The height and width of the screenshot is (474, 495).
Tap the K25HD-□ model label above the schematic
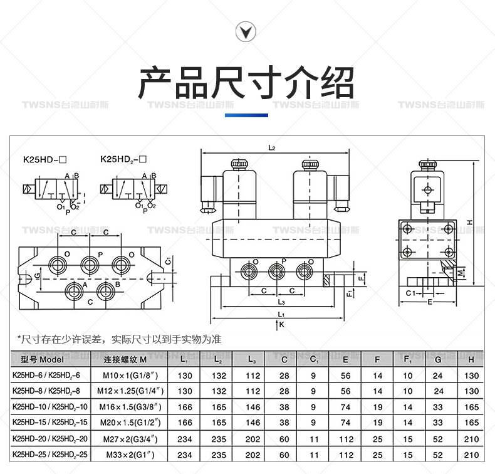[45, 160]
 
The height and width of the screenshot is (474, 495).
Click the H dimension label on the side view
[469, 223]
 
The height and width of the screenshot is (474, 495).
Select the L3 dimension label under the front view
[281, 302]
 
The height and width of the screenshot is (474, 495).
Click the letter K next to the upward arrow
[282, 325]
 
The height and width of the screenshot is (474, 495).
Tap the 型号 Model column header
[43, 360]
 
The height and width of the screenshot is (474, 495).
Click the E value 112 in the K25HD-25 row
[346, 455]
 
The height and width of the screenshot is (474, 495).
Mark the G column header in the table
[439, 360]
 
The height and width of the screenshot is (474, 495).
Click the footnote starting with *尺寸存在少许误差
[119, 339]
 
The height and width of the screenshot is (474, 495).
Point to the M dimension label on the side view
[462, 272]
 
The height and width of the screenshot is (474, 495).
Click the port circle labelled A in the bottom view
[75, 290]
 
